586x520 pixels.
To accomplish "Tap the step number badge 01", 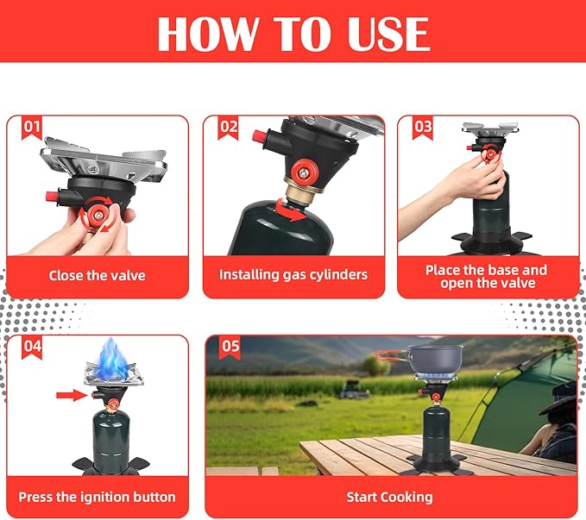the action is [32, 128].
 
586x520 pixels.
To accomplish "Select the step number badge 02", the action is [229, 128].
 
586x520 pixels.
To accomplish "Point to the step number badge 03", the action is [423, 128].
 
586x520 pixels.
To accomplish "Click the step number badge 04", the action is [32, 347].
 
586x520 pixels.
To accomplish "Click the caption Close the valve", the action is [98, 276].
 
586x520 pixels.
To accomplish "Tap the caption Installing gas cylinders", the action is [293, 275].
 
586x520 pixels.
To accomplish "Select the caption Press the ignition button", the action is [98, 498].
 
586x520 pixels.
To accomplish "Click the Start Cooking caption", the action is [390, 498].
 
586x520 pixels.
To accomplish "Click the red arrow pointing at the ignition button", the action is [72, 395].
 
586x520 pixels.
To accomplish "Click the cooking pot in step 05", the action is [435, 359].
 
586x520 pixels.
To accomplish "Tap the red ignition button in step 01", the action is [51, 197].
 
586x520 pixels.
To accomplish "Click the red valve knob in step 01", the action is [98, 215].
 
